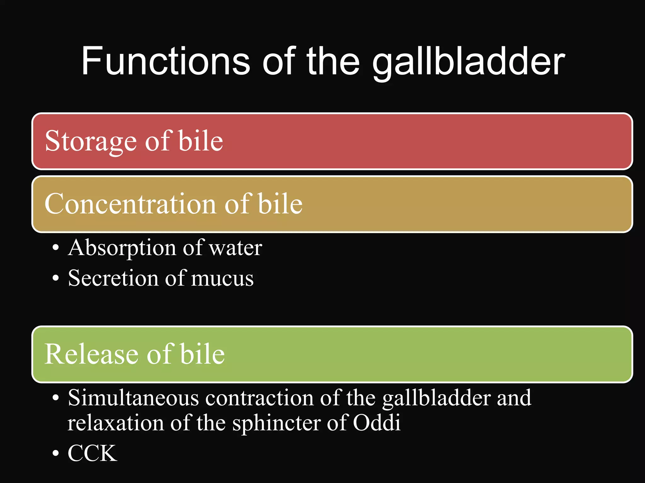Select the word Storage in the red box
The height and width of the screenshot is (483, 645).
pos(91,141)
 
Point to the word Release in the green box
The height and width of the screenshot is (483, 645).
pos(90,354)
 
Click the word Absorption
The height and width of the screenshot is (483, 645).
pos(122,248)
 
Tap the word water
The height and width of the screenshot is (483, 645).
pos(235,248)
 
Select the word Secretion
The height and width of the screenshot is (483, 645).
pos(113,278)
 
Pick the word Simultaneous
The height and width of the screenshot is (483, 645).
pos(133,398)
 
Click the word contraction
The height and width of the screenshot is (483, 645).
pos(259,398)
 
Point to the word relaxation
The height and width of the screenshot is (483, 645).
pos(115,423)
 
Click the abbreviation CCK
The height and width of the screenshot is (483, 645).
pos(92,453)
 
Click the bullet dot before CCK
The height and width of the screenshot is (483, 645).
pos(56,453)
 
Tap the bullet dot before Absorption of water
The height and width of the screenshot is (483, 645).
pos(56,248)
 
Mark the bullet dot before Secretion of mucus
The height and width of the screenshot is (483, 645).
pos(56,278)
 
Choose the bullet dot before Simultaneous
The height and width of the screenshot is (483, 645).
pos(56,398)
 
